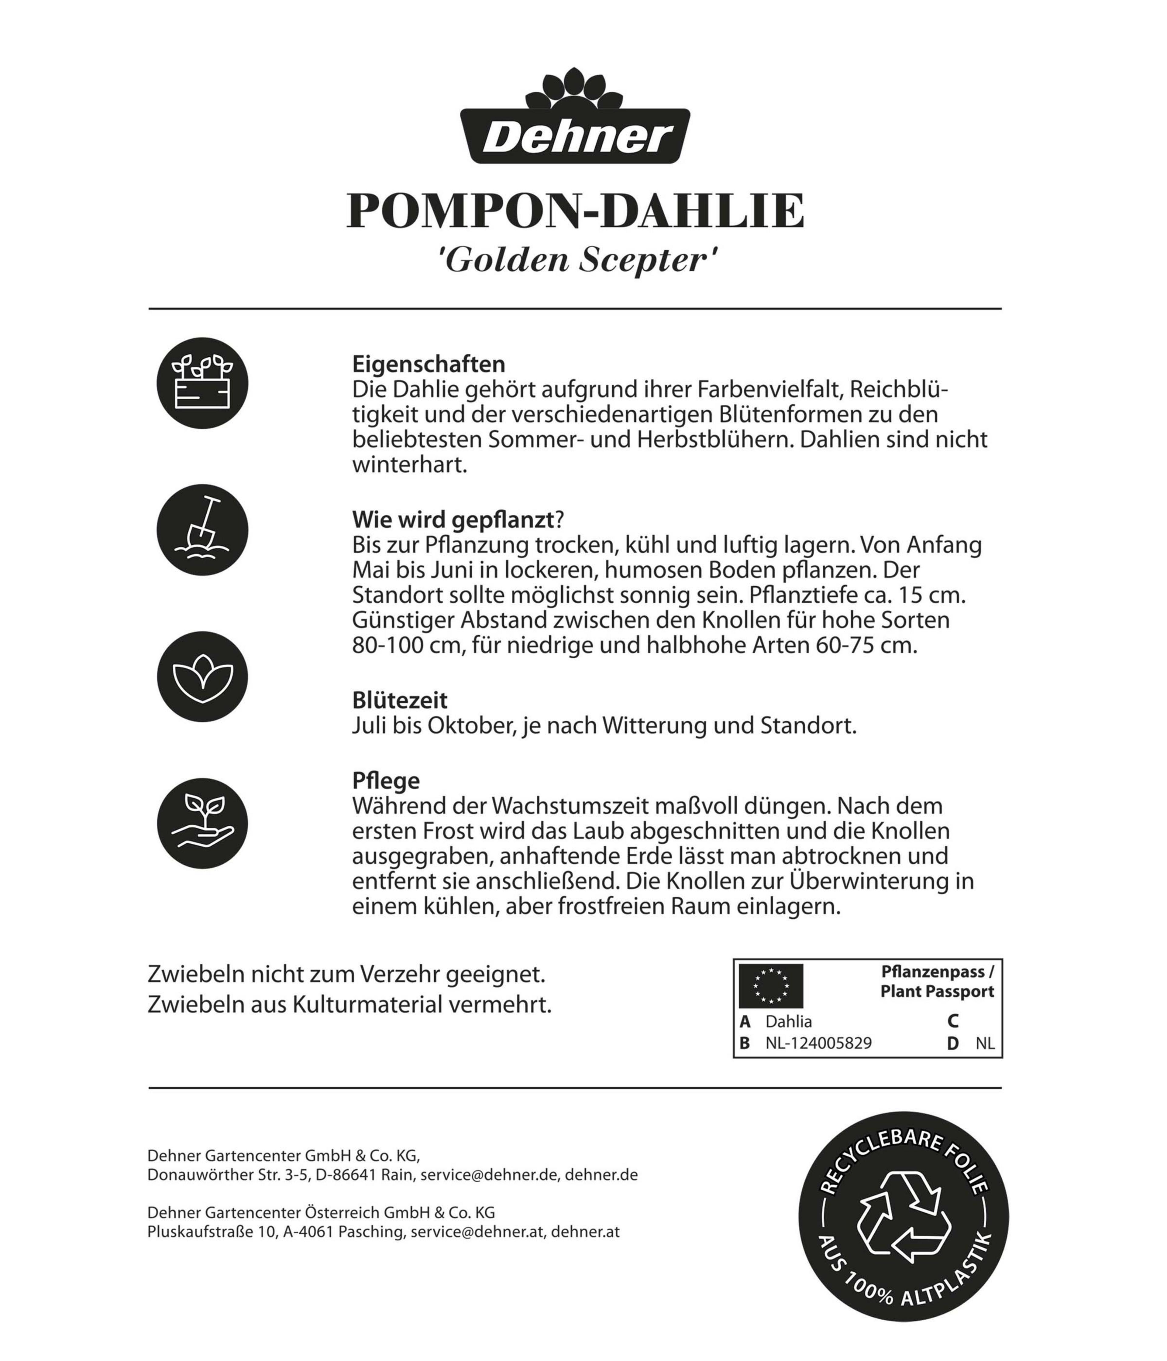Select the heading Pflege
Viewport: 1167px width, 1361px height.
[x=386, y=780]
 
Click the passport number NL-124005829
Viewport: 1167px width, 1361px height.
[x=818, y=1043]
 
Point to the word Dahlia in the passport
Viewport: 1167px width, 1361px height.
[x=789, y=1021]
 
